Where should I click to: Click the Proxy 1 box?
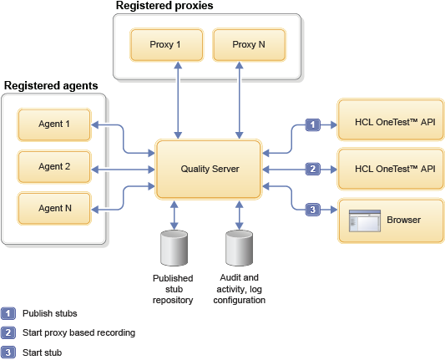(x=166, y=44)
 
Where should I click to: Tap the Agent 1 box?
(x=54, y=125)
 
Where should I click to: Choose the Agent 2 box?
(x=54, y=167)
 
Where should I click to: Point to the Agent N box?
(x=54, y=208)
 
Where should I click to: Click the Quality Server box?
(x=210, y=170)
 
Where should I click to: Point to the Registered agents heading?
(x=51, y=86)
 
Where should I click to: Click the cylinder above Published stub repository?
(x=173, y=249)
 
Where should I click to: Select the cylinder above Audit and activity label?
(x=240, y=249)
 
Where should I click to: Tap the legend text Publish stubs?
(x=50, y=313)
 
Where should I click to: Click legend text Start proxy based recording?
(x=78, y=332)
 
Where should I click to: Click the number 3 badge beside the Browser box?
(x=312, y=210)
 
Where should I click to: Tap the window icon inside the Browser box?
(x=364, y=221)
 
